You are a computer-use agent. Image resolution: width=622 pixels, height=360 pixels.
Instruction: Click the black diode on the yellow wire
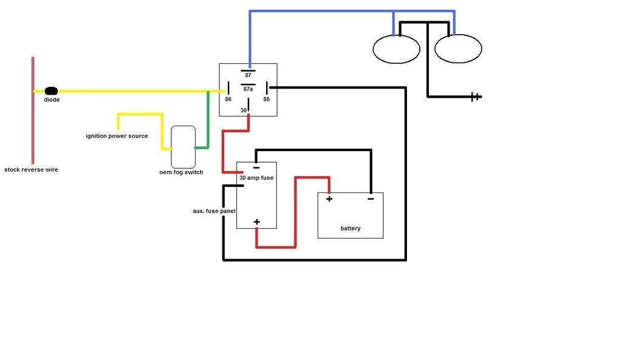(51, 91)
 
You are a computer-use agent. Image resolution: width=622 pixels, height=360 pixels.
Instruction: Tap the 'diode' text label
(52, 100)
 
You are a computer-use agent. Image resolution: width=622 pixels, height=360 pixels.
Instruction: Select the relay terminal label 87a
(248, 89)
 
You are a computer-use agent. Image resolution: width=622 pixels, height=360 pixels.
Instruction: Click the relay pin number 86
(228, 99)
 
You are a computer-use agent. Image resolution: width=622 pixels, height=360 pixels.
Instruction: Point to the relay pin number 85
(266, 99)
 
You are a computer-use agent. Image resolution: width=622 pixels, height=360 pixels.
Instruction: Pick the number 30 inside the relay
(244, 110)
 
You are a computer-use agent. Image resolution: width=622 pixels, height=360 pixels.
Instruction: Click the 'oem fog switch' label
(181, 172)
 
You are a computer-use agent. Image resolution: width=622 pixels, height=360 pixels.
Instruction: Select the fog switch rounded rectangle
(183, 147)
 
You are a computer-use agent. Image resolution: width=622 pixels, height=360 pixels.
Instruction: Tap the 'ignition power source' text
(117, 136)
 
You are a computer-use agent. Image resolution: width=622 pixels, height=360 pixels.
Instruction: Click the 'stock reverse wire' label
(31, 170)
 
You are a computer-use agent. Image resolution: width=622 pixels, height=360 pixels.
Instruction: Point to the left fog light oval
(396, 49)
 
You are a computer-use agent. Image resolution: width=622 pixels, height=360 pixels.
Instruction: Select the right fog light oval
(459, 49)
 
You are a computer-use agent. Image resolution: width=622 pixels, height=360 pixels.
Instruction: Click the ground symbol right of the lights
(476, 97)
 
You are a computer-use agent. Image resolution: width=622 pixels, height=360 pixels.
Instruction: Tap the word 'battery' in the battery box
(350, 228)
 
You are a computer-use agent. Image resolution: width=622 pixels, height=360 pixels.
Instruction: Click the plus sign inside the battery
(329, 199)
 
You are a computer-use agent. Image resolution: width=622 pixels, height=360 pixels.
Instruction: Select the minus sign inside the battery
(371, 198)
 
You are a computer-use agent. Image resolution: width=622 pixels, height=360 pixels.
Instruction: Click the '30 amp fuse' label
(256, 177)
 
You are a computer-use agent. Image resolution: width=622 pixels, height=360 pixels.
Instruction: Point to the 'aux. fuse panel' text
(214, 211)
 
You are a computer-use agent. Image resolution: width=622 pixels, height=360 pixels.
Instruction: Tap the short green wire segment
(208, 119)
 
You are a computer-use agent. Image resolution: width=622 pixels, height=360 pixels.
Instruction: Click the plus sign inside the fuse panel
(257, 222)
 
